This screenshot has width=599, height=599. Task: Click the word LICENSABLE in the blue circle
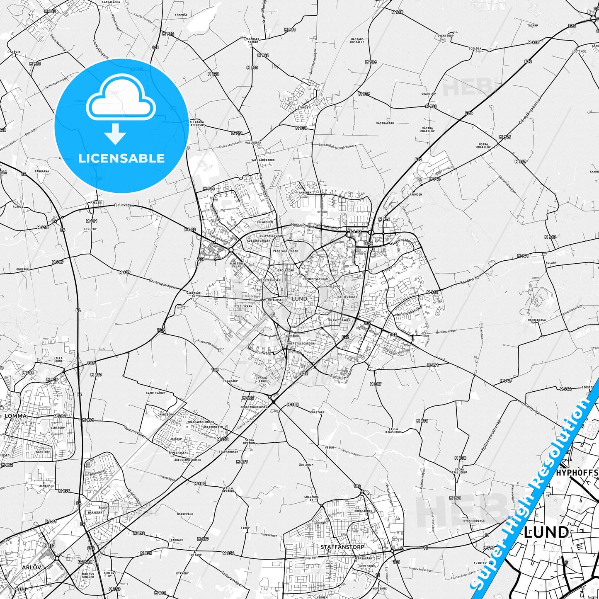pyautogui.click(x=121, y=158)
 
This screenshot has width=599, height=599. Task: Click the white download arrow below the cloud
pyautogui.click(x=115, y=134)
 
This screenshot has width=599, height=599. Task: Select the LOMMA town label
pyautogui.click(x=15, y=416)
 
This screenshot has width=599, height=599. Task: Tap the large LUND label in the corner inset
pyautogui.click(x=546, y=533)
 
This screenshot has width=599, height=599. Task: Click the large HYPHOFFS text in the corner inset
pyautogui.click(x=577, y=473)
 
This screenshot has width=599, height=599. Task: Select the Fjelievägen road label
pyautogui.click(x=124, y=205)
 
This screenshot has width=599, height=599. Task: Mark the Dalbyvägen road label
pyautogui.click(x=533, y=410)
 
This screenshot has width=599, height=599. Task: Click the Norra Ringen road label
pyautogui.click(x=303, y=226)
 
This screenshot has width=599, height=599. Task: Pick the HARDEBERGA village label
pyautogui.click(x=536, y=320)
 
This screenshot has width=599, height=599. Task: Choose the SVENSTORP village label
pyautogui.click(x=446, y=36)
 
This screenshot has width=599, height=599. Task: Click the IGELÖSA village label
pyautogui.click(x=475, y=49)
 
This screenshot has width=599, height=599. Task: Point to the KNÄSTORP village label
pyautogui.click(x=317, y=412)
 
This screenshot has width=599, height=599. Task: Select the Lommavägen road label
pyautogui.click(x=135, y=432)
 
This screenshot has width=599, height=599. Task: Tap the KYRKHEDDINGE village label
pyautogui.click(x=474, y=521)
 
